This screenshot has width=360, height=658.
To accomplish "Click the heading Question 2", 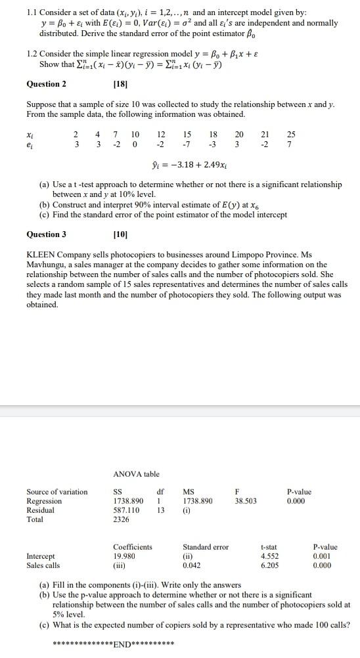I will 46,84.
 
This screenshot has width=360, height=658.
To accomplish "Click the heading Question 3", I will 46,234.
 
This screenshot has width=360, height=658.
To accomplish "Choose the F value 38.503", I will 245,500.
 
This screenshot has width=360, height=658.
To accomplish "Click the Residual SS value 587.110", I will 128,510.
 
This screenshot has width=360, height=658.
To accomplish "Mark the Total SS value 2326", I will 122,519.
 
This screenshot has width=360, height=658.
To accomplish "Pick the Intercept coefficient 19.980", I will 125,556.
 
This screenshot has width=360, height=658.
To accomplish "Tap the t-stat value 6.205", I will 270,565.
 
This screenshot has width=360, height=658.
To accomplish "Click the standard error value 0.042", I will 192,565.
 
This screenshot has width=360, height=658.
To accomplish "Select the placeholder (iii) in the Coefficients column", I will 120,565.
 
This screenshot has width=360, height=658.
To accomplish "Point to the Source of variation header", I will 56,492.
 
